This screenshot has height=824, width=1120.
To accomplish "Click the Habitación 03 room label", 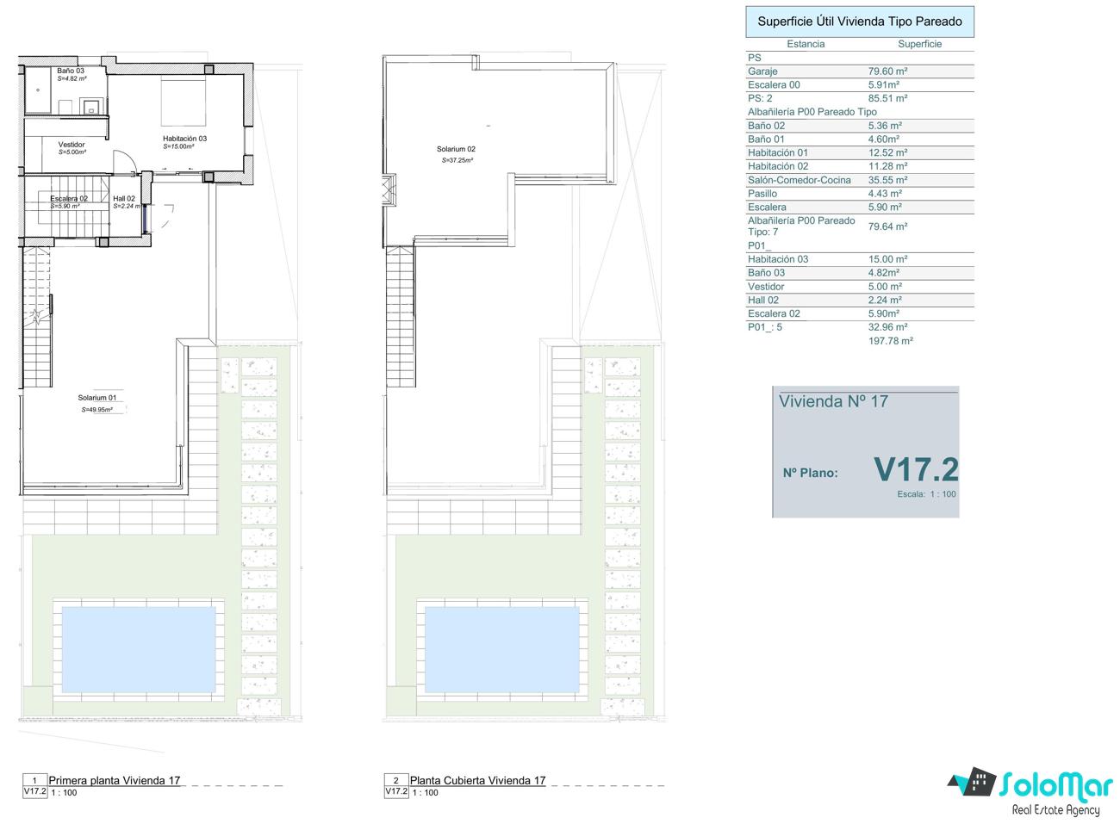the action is [x=184, y=139].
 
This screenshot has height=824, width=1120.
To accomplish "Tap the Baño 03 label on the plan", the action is [x=71, y=71].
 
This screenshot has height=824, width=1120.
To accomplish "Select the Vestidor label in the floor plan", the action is [x=72, y=145].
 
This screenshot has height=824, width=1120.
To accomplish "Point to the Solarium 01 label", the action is [x=97, y=398].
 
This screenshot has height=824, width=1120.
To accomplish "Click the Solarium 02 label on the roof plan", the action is [x=456, y=149].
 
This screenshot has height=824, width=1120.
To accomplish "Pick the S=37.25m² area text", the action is [x=457, y=160].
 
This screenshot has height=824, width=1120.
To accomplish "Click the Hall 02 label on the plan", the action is [x=124, y=198].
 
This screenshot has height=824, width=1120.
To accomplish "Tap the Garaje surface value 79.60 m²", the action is [x=887, y=71].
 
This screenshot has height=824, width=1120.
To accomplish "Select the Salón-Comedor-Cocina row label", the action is [x=799, y=180].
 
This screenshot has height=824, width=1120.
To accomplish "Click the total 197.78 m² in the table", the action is [x=891, y=341].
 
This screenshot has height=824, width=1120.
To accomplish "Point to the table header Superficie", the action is [x=919, y=44].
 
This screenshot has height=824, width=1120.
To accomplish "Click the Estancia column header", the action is [x=806, y=44].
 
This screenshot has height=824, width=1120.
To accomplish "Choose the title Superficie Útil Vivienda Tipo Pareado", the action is [x=860, y=22].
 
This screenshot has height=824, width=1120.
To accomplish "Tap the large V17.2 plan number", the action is [x=916, y=469].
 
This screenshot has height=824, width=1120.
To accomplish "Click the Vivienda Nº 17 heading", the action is [x=833, y=401].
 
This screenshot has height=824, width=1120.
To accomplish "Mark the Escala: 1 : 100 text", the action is [x=926, y=494].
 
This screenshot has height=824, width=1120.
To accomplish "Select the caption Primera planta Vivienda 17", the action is [x=114, y=780].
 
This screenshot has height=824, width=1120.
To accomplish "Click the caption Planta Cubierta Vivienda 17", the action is [x=477, y=780].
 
